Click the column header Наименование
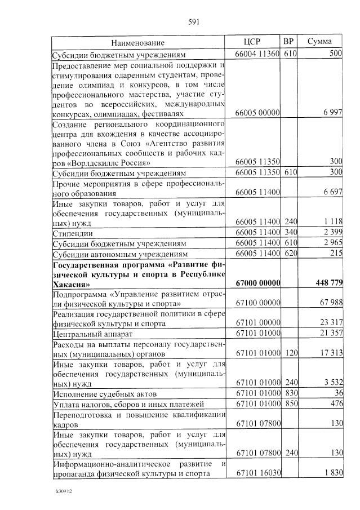(138, 43)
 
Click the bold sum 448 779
(326, 282)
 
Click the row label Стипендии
(73, 233)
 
